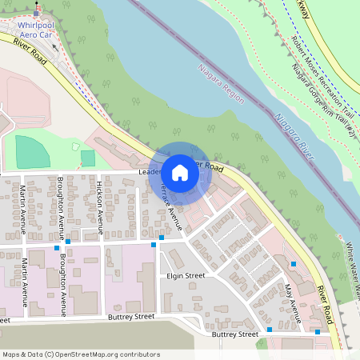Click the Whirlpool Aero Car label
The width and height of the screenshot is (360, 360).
point(40,30)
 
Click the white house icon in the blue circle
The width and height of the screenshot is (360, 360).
point(180,173)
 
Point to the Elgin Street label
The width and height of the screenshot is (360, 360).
point(186,275)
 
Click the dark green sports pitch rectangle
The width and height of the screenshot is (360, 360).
point(32,152)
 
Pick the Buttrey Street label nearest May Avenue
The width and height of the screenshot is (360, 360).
point(235,334)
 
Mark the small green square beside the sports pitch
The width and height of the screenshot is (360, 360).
point(87,158)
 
